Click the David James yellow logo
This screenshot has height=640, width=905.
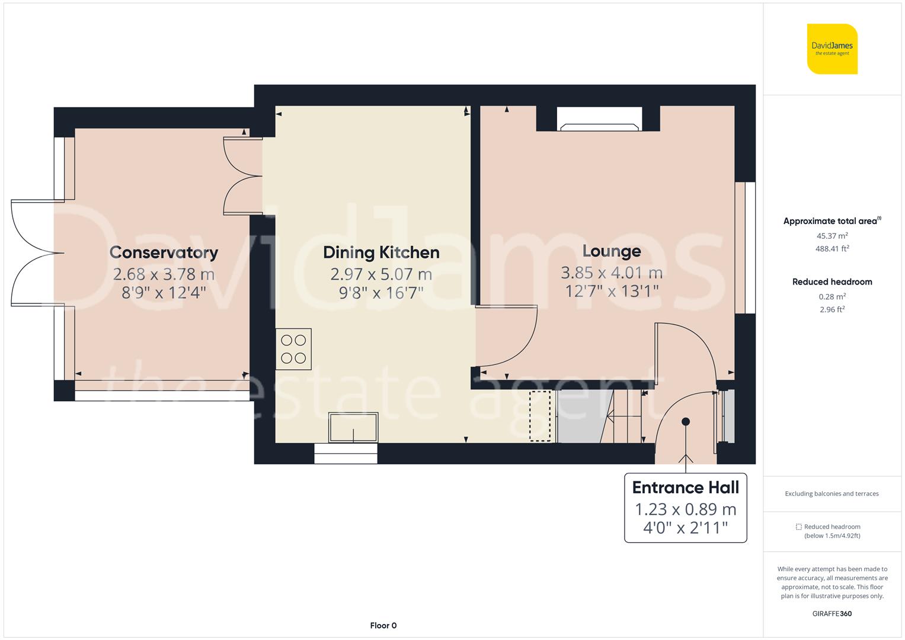832,49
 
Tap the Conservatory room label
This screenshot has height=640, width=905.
164,252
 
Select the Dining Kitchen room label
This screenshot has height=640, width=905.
381,252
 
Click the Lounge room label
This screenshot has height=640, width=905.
612,251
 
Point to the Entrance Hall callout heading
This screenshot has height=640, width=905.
685,488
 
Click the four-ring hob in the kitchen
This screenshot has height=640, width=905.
293,349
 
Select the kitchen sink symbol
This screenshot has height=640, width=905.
353,427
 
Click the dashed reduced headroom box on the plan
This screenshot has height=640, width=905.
539,415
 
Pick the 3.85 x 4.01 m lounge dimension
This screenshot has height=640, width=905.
612,273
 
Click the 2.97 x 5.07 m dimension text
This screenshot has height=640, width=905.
381,274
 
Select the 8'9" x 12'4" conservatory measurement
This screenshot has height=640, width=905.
164,292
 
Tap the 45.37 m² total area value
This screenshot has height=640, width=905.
832,235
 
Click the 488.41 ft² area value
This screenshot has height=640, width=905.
832,249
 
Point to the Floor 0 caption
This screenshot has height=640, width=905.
383,625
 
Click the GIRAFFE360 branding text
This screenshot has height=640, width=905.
832,613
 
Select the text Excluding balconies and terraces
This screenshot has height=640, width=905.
832,494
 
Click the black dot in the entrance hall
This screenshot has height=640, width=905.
686,421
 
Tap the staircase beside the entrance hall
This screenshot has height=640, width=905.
628,417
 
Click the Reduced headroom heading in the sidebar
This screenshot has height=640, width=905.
832,282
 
